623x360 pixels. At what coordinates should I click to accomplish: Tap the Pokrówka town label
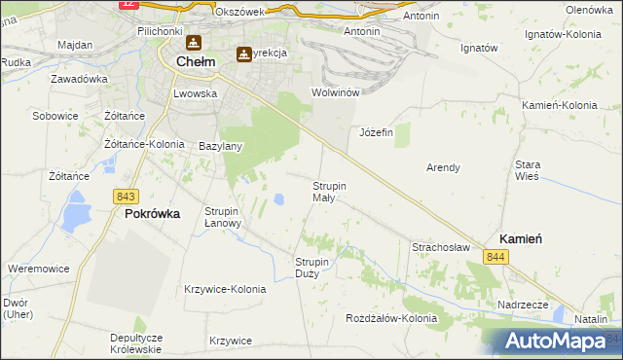tap(153, 215)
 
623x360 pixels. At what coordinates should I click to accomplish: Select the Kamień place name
tap(521, 238)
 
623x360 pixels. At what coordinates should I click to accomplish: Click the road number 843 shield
tap(126, 197)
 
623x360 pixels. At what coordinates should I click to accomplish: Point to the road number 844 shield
tap(496, 256)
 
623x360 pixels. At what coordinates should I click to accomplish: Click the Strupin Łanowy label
tap(223, 216)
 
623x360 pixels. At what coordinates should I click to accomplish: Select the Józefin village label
tap(376, 132)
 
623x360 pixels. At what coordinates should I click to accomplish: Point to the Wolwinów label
tap(336, 92)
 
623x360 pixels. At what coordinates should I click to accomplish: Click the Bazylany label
tap(220, 147)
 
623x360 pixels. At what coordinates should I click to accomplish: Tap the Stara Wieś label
tap(528, 171)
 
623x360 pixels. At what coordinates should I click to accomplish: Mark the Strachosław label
tap(441, 248)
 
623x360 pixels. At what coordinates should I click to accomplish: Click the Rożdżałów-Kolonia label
tap(392, 318)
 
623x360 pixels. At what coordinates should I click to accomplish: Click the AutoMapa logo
tap(556, 342)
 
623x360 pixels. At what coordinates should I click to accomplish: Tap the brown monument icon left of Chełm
tap(194, 44)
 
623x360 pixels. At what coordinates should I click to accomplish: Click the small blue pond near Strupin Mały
tap(279, 200)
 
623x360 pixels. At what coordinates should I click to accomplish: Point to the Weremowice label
tap(37, 268)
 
